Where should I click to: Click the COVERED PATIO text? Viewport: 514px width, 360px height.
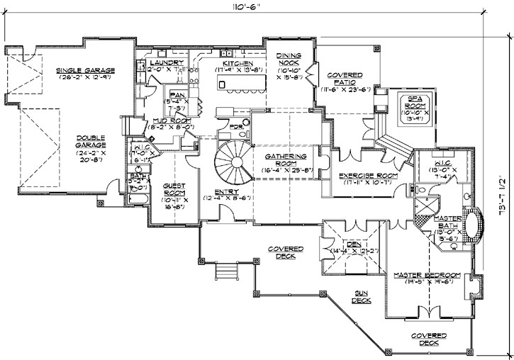tap(345, 79)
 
